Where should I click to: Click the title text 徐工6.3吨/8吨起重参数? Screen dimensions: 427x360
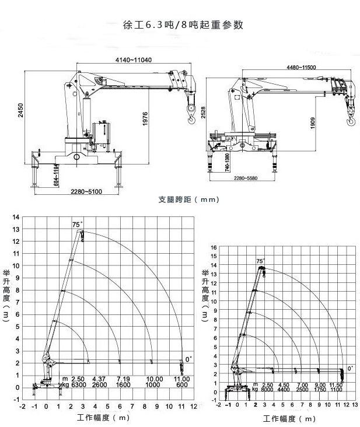(x=180, y=25)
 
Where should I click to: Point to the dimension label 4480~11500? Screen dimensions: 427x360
(x=301, y=67)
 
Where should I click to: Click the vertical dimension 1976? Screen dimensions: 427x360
(x=145, y=119)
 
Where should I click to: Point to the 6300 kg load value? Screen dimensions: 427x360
(x=79, y=385)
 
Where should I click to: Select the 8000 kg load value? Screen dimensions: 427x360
(x=268, y=390)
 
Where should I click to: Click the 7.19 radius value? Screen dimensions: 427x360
(x=123, y=379)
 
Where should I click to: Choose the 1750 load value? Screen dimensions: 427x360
(x=320, y=390)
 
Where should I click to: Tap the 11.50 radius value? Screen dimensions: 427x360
(x=337, y=384)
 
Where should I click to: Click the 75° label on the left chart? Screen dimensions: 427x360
(x=77, y=224)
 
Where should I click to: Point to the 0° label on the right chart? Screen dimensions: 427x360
(x=350, y=368)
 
